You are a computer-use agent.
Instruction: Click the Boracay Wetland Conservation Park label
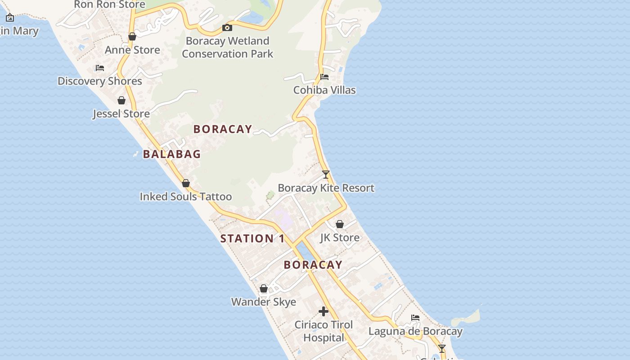point(227,47)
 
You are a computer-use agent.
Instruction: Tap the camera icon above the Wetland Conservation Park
point(227,28)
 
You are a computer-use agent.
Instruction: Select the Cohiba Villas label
point(324,90)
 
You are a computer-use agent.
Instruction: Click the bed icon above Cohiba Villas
point(324,77)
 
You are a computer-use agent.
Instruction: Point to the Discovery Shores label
point(100,81)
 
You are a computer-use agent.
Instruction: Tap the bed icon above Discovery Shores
point(100,68)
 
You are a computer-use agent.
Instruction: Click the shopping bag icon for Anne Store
point(132,36)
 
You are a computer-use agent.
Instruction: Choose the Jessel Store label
point(121,113)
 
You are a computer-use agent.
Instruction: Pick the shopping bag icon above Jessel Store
point(121,100)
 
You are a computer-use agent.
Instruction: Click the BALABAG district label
point(172,154)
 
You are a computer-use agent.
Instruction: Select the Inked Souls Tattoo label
point(186,197)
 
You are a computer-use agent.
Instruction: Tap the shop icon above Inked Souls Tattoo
point(186,184)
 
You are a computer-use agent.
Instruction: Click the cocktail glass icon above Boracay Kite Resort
point(326,175)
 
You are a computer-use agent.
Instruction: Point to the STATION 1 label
point(252,238)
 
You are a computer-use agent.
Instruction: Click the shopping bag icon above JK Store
point(340,224)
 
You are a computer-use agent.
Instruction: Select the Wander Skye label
point(264,301)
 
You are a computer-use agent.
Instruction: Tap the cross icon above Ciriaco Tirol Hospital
point(324,311)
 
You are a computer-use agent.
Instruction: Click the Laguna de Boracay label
point(415,332)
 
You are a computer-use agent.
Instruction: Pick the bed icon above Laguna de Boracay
point(415,318)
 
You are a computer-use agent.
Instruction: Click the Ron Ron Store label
point(109,4)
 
